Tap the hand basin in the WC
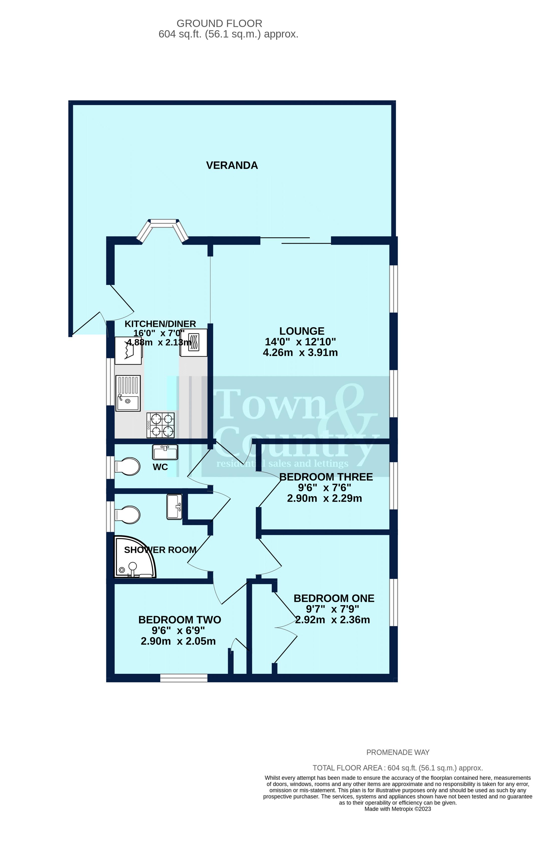point(165,452)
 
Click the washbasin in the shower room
point(175,506)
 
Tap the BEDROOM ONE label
point(334,598)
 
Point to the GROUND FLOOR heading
point(219,24)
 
